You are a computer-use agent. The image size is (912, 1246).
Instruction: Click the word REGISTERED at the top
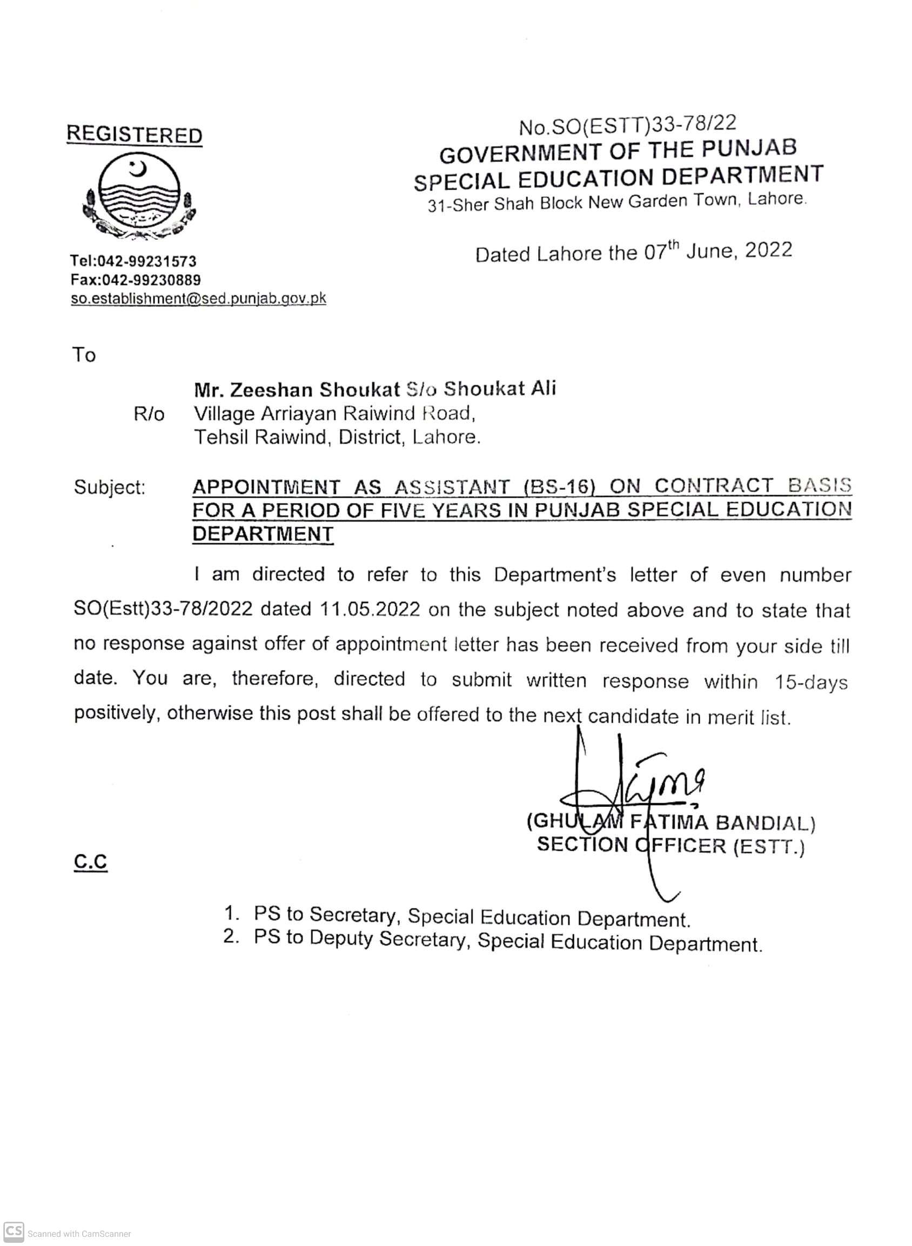point(134,134)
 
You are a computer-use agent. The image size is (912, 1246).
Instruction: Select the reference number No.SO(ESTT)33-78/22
point(627,126)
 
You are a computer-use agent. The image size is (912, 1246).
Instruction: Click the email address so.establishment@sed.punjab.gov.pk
point(198,299)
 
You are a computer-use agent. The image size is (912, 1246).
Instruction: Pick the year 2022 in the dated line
point(768,250)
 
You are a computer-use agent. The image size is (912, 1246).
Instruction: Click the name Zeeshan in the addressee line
point(271,389)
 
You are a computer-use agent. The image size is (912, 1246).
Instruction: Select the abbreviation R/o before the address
point(149,414)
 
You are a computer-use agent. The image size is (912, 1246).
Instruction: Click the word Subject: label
point(109,487)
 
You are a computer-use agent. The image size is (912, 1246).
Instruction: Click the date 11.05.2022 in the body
point(370,609)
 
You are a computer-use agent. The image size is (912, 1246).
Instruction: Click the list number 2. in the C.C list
point(231,937)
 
